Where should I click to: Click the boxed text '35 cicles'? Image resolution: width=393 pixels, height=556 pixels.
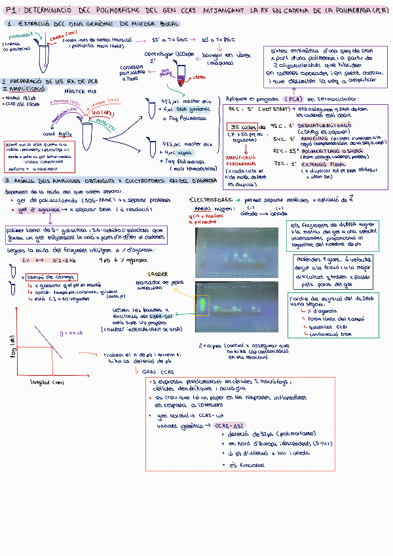click(x=241, y=127)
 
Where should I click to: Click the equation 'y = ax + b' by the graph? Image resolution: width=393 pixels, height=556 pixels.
click(x=72, y=332)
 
